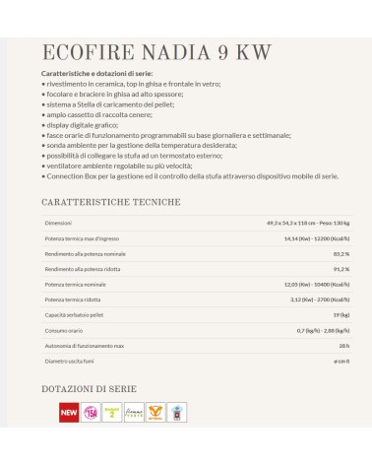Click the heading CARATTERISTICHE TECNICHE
pos(110,202)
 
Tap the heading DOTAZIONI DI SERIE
pos(95,389)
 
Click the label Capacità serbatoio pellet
pos(76,314)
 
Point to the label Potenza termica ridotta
pos(75,299)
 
